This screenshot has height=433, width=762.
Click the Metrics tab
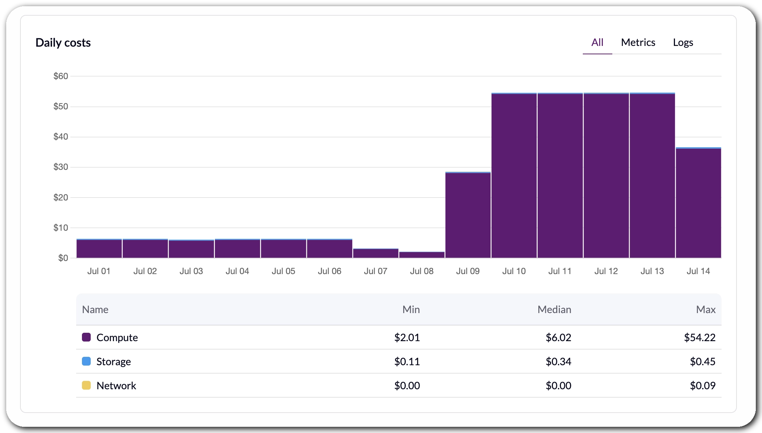[638, 42]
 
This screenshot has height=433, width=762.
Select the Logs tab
[683, 43]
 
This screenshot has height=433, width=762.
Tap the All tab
[597, 42]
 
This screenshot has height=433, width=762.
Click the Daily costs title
[63, 43]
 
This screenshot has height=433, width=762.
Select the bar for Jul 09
[468, 215]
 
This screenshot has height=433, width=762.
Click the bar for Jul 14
[698, 203]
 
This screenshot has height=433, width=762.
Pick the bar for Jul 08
[422, 255]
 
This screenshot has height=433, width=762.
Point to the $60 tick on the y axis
[61, 76]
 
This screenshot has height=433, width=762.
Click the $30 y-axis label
[61, 167]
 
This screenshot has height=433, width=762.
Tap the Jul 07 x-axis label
[376, 271]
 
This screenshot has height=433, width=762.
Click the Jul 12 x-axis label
[606, 271]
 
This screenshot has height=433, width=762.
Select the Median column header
[554, 309]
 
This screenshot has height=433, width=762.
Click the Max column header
[706, 309]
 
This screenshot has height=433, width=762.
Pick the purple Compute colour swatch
[86, 337]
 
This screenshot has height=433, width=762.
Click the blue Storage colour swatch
[86, 361]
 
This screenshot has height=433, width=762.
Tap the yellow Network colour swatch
[86, 385]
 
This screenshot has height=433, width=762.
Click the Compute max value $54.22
[700, 338]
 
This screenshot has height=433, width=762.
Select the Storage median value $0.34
[558, 362]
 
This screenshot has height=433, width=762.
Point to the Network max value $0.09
[703, 386]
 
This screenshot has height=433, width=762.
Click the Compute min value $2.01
[407, 338]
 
